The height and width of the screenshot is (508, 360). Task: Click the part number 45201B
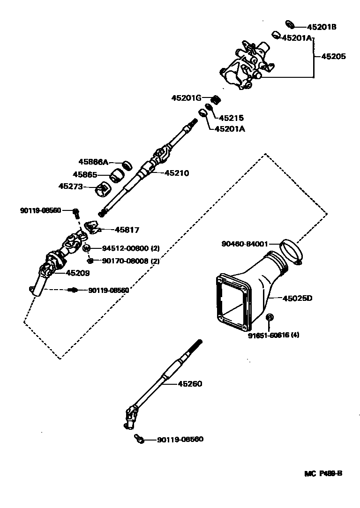pos(322,27)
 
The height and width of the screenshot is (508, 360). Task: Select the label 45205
pos(333,56)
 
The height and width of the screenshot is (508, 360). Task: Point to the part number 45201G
pos(186,98)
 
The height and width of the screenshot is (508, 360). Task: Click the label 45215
pos(232,118)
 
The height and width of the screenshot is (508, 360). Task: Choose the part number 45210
pos(176,173)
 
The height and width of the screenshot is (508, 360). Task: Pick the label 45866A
pos(93,162)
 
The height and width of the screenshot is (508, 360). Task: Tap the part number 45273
pos(70,187)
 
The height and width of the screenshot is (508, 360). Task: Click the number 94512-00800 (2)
pos(130,248)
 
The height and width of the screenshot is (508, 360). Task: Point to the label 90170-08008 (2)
pos(130,261)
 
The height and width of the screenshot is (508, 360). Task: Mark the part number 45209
pos(77,272)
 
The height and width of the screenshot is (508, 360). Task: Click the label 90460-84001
pos(244,244)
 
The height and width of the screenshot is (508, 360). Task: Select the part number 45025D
pos(297,298)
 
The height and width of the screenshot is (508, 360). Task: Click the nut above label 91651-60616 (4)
pos(269,319)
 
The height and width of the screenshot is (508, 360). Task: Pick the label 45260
pos(189,384)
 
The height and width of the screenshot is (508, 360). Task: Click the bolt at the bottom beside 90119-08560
pos(138,439)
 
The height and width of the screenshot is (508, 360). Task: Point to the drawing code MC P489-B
pos(323,473)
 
